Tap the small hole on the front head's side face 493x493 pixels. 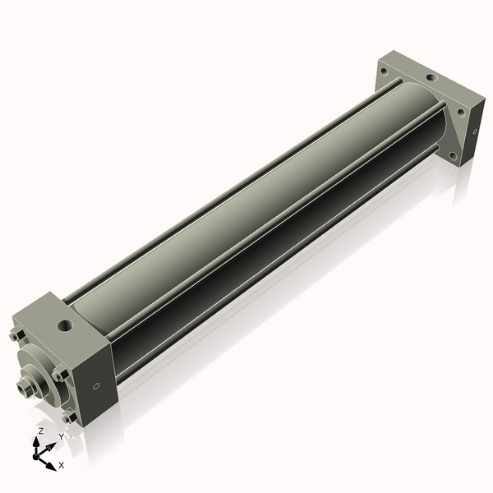coord(97,386)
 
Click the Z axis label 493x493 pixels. coord(41,431)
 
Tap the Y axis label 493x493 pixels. coord(61,436)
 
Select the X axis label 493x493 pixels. coord(62,465)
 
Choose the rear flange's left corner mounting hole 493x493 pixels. coord(383,71)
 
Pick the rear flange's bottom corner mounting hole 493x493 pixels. coord(451,154)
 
